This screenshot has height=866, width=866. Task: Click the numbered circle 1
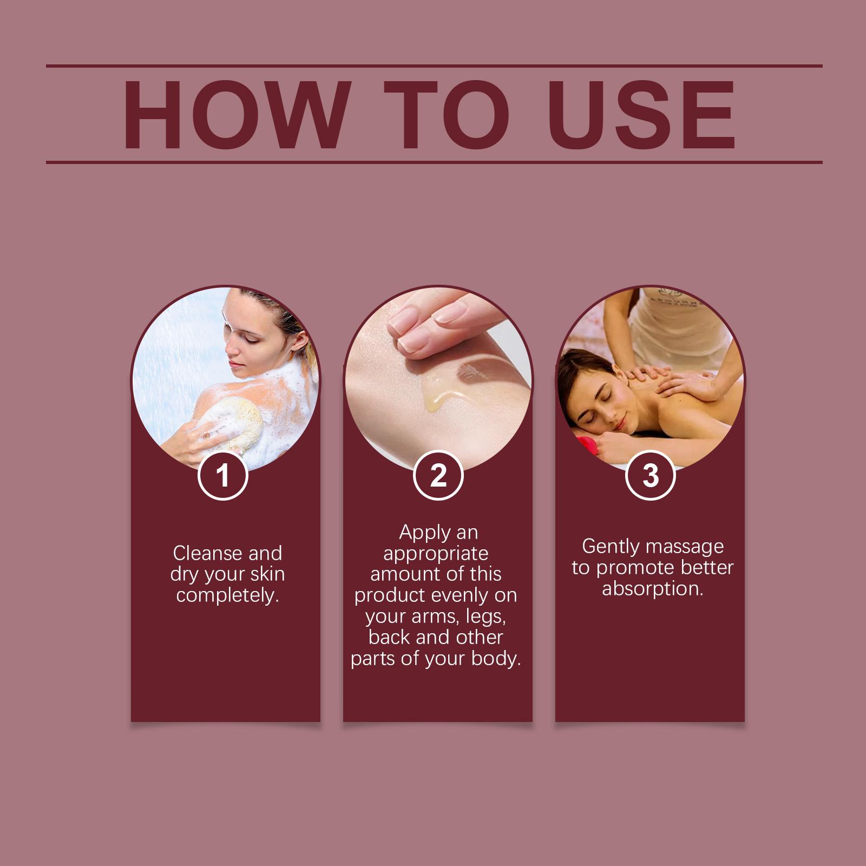pos(223,475)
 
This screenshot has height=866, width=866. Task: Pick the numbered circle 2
pos(438,475)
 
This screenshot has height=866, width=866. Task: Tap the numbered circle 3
pos(650,475)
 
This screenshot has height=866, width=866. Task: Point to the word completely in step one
pos(227,595)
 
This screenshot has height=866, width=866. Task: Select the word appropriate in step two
pos(436,554)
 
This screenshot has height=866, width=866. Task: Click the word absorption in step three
pos(653,589)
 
